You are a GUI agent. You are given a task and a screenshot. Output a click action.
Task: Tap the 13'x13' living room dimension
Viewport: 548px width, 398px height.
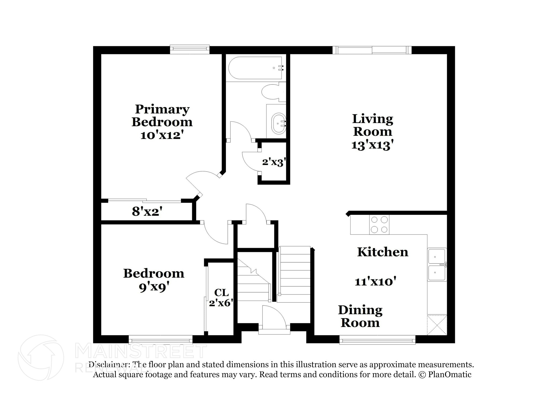[x=372, y=145]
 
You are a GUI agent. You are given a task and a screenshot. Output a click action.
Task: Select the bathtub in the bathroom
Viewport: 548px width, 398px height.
[x=255, y=68]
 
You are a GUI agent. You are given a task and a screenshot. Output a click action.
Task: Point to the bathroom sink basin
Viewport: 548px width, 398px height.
[x=279, y=123]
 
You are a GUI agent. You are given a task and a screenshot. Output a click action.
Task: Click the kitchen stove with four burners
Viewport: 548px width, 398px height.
[x=379, y=225]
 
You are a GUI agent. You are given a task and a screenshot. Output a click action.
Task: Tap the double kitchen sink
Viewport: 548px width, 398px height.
[x=437, y=264]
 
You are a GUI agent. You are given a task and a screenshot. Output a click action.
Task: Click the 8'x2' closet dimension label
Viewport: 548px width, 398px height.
[x=147, y=212]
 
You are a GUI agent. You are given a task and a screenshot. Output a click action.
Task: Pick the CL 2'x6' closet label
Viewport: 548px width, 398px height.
[x=221, y=298]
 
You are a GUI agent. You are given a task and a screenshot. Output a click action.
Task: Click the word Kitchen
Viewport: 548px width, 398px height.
[x=383, y=252]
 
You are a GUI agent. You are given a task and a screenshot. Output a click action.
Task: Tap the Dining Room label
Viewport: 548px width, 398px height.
[x=360, y=316]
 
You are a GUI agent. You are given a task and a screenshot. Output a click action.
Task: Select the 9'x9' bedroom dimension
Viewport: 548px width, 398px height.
[x=154, y=287]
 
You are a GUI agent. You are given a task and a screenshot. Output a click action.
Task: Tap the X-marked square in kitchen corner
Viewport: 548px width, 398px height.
[x=437, y=325]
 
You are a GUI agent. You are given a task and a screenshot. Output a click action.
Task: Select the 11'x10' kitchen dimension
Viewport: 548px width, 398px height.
[x=375, y=282]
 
